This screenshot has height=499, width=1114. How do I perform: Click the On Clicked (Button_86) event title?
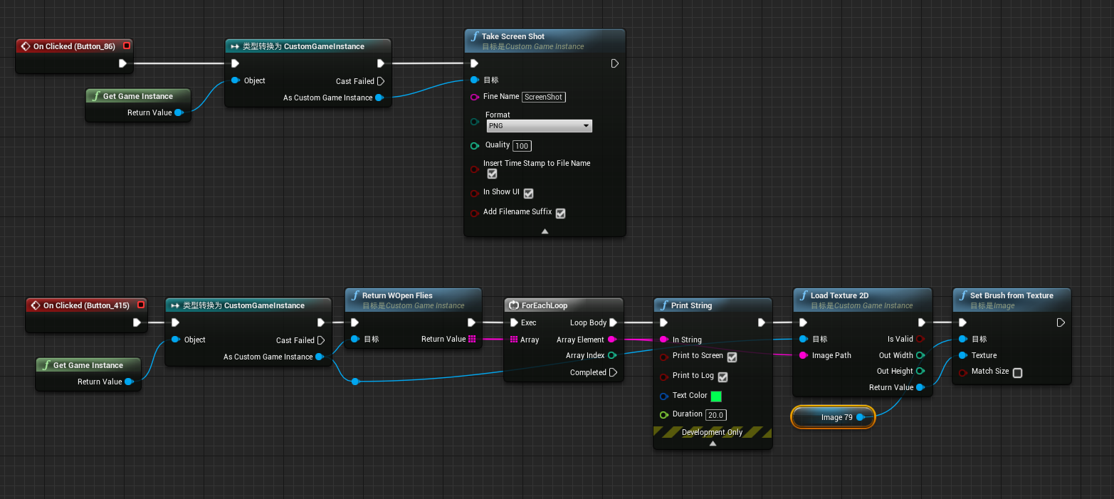[73, 46]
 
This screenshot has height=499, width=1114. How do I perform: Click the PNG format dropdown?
[539, 126]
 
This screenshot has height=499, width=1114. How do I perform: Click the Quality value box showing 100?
[522, 146]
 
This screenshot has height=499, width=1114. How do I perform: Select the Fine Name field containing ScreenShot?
[544, 97]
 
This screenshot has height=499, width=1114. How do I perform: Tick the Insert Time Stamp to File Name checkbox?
[492, 174]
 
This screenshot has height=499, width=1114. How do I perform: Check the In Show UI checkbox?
[528, 193]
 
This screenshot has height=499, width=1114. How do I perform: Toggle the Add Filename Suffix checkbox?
[560, 213]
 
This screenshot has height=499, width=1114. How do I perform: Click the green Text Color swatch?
[716, 396]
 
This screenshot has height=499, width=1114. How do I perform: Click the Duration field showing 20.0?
[716, 415]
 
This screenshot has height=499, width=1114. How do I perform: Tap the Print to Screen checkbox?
[732, 357]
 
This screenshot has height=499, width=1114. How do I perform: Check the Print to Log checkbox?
[722, 377]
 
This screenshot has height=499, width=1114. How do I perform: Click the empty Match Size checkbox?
[1017, 372]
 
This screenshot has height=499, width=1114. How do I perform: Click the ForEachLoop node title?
[544, 305]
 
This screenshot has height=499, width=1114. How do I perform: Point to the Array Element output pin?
[611, 340]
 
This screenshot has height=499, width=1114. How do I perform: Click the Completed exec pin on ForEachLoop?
[613, 372]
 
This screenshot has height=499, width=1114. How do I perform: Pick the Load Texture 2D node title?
[839, 295]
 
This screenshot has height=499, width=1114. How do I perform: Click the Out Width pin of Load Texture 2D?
[920, 355]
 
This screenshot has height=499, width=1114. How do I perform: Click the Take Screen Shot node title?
[513, 36]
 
